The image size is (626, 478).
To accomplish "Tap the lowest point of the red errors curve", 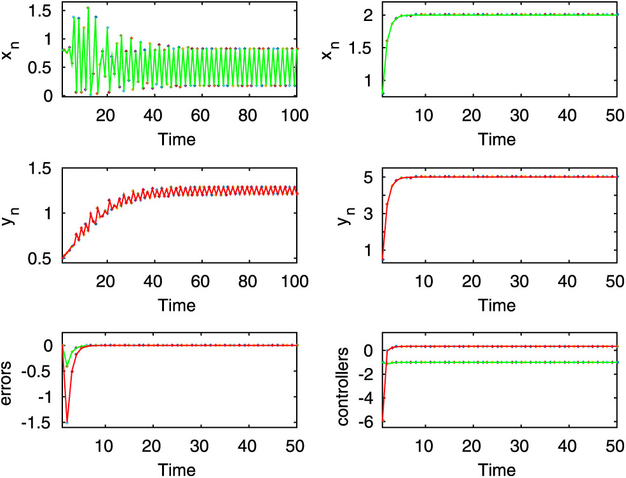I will tap(67, 422).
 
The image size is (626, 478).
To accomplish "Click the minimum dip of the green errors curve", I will tap(67, 366).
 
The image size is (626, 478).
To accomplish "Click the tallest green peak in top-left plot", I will tap(88, 8).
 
